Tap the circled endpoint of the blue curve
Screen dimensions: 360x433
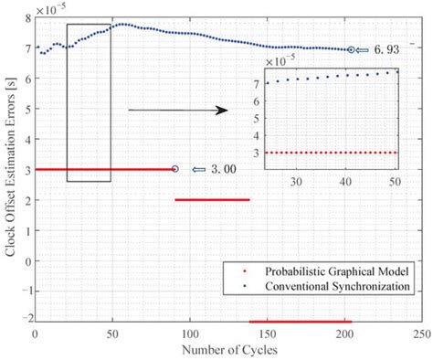point(353,50)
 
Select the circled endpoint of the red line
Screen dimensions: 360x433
point(175,169)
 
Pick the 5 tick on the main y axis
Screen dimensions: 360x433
point(26,109)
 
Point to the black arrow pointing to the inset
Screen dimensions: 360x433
point(177,111)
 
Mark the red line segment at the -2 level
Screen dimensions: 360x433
point(300,322)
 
